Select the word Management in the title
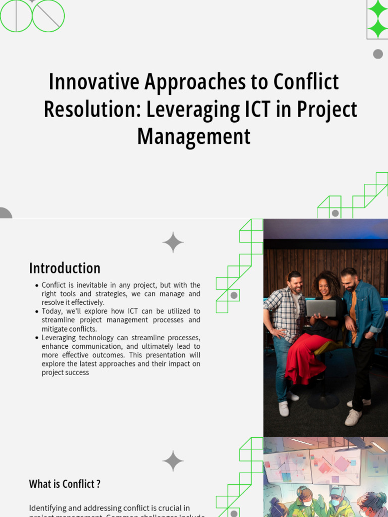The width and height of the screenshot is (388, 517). pos(194,136)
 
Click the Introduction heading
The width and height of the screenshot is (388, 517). pos(65,268)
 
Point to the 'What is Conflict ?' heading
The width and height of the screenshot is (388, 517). pos(65,484)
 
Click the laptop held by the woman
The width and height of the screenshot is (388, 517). pos(321,308)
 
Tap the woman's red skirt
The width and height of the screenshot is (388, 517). pos(303,356)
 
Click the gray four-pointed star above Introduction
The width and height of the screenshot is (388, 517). pos(173,242)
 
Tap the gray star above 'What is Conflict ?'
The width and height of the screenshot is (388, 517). pos(173,461)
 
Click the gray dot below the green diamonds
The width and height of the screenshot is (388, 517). pos(378,54)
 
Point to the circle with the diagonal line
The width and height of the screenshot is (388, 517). pos(48,16)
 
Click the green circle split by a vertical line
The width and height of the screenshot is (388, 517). pos(16,16)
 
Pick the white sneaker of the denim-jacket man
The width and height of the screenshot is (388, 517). pos(353,417)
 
